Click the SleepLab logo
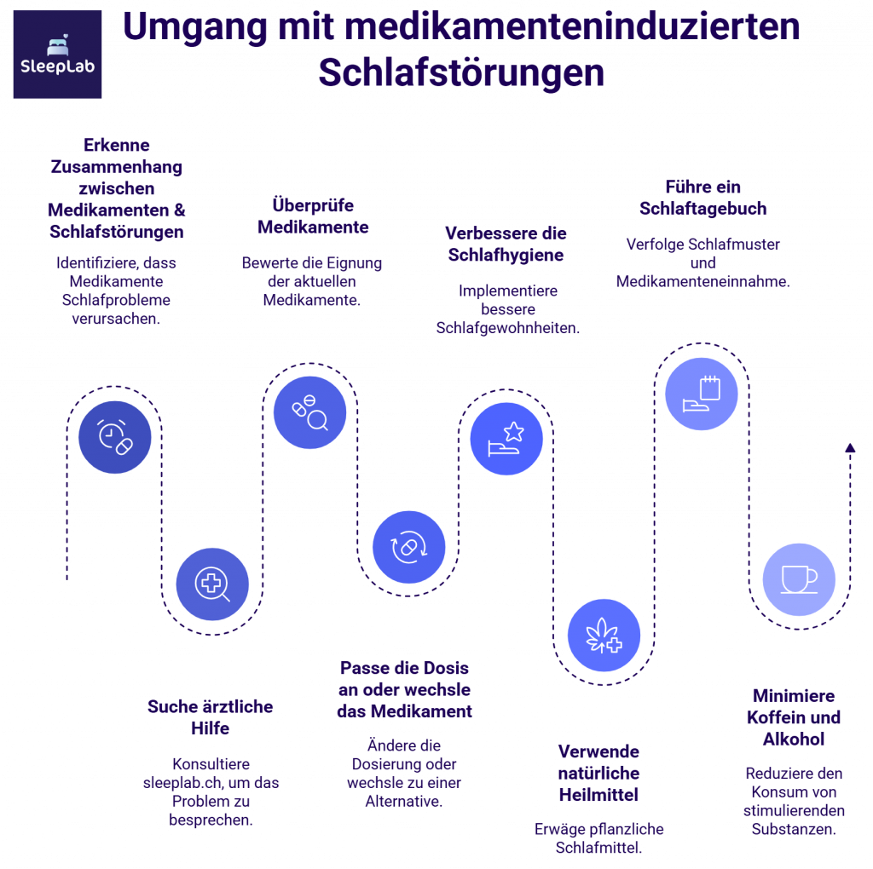click(57, 55)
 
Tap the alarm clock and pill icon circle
click(115, 436)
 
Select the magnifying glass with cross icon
click(212, 584)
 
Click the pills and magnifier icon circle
click(309, 412)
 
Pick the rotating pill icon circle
click(408, 547)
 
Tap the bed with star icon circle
click(506, 439)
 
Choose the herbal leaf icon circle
click(604, 636)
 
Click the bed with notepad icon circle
click(702, 394)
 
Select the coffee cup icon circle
click(799, 579)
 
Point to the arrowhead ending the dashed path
click(849, 446)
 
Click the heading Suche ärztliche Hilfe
click(211, 717)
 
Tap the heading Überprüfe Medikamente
click(313, 216)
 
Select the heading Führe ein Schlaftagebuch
click(703, 197)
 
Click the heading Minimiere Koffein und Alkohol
click(794, 716)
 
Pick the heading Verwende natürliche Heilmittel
click(598, 773)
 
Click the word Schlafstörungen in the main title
click(461, 73)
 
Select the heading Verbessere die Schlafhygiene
click(506, 244)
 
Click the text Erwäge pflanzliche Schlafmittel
click(598, 837)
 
